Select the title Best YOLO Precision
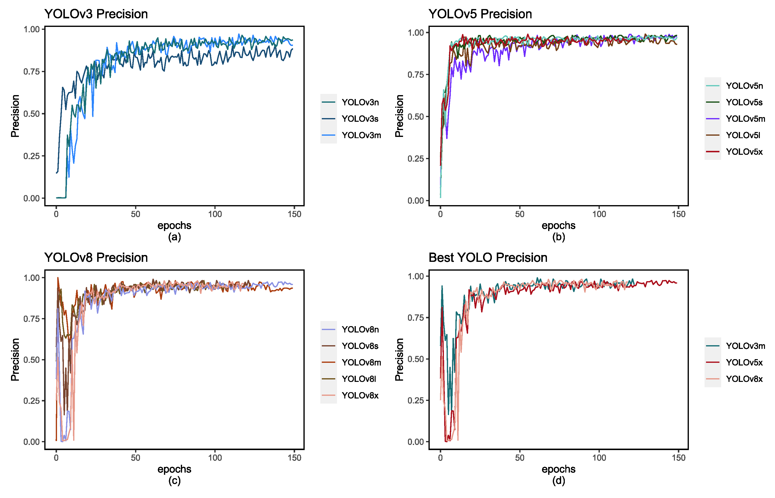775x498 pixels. point(488,258)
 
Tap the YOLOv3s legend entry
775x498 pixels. point(360,119)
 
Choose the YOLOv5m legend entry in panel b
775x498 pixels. point(745,119)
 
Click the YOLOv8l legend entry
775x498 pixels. point(359,379)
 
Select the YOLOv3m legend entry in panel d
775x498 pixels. point(745,346)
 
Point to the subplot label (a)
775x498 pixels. point(174,237)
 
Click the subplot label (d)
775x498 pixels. point(558,481)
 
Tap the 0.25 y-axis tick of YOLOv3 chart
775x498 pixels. point(31,156)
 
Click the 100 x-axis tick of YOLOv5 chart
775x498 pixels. point(599,214)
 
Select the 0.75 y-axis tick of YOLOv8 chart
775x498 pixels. point(31,319)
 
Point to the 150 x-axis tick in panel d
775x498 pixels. point(679,458)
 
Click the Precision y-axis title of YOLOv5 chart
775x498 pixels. point(399,116)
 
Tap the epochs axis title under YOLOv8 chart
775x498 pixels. point(174,469)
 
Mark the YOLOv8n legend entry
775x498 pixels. point(360,329)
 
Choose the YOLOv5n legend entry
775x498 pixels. point(744,86)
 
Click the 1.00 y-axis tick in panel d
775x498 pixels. point(416,276)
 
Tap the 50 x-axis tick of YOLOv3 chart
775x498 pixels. point(135,214)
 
